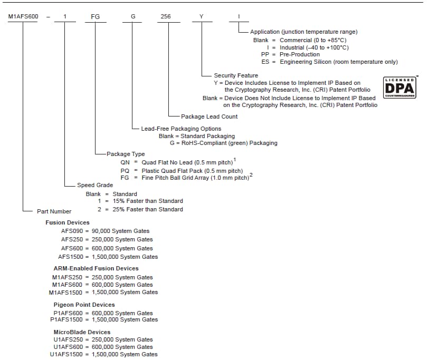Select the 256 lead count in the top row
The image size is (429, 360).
[165, 17]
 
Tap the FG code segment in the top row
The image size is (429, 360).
[96, 17]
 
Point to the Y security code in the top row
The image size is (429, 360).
[201, 17]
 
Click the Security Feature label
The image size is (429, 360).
[236, 75]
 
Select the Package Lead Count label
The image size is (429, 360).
[209, 116]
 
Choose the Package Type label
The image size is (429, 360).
[126, 154]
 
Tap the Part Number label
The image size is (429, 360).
[54, 211]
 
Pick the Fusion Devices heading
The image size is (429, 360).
[68, 222]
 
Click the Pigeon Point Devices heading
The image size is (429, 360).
[84, 305]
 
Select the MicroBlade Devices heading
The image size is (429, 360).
[82, 332]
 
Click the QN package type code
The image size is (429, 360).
[125, 162]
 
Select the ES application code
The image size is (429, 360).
[265, 62]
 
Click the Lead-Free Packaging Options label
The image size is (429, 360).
[181, 129]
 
